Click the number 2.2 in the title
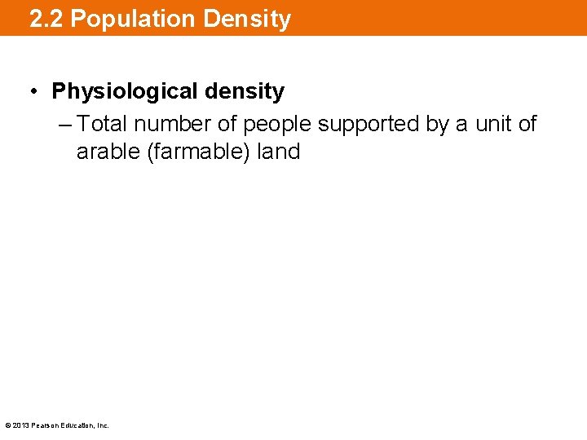(x=46, y=19)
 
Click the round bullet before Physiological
(x=35, y=91)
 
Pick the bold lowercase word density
(x=245, y=91)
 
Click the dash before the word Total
(x=66, y=124)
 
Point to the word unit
(x=492, y=124)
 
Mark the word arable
(x=108, y=152)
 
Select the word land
(x=276, y=152)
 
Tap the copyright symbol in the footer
(x=7, y=425)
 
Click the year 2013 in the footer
(x=20, y=425)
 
